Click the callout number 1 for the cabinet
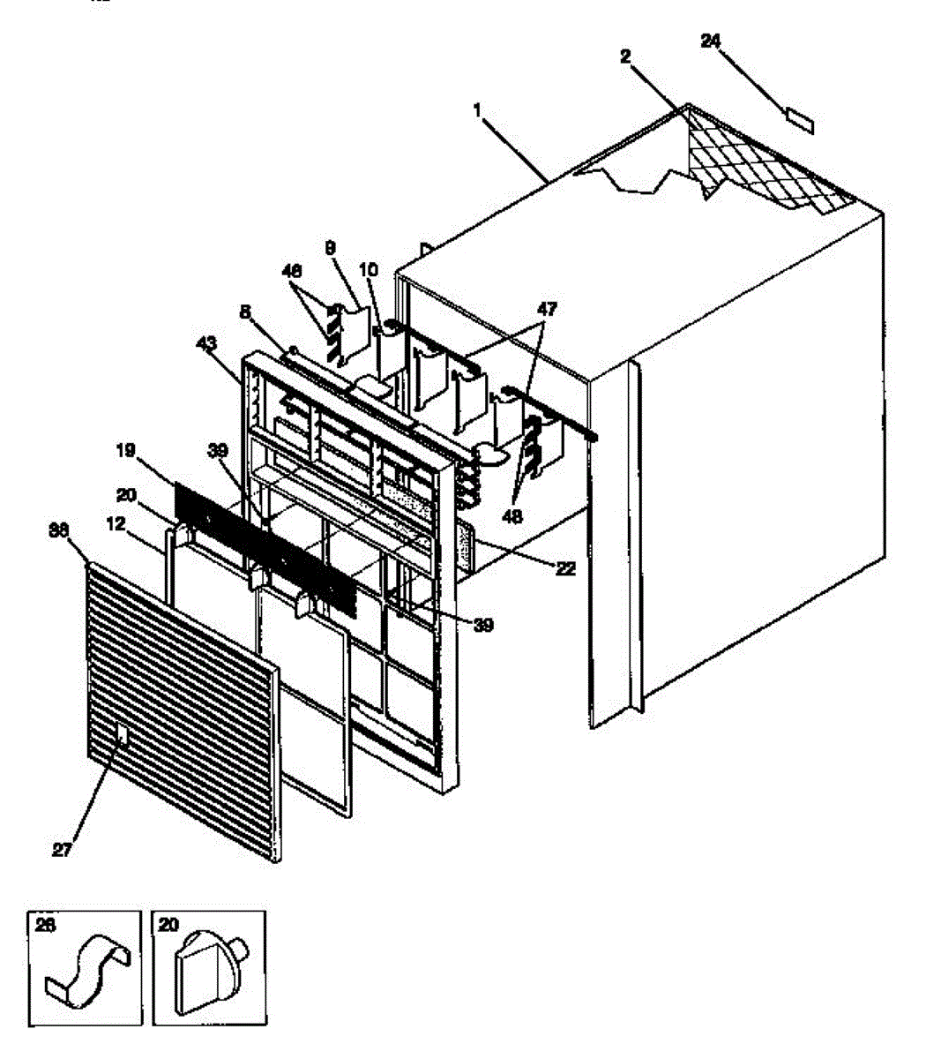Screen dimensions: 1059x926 coord(477,110)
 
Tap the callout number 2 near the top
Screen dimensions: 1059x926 coord(625,56)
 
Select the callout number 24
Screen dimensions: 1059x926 coord(712,40)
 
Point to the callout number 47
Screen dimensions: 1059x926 coord(548,309)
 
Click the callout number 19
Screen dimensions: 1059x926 coord(124,451)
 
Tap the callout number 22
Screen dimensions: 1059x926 coord(565,569)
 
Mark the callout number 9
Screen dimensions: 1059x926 coord(330,249)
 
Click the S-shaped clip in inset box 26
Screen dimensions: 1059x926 coord(88,974)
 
